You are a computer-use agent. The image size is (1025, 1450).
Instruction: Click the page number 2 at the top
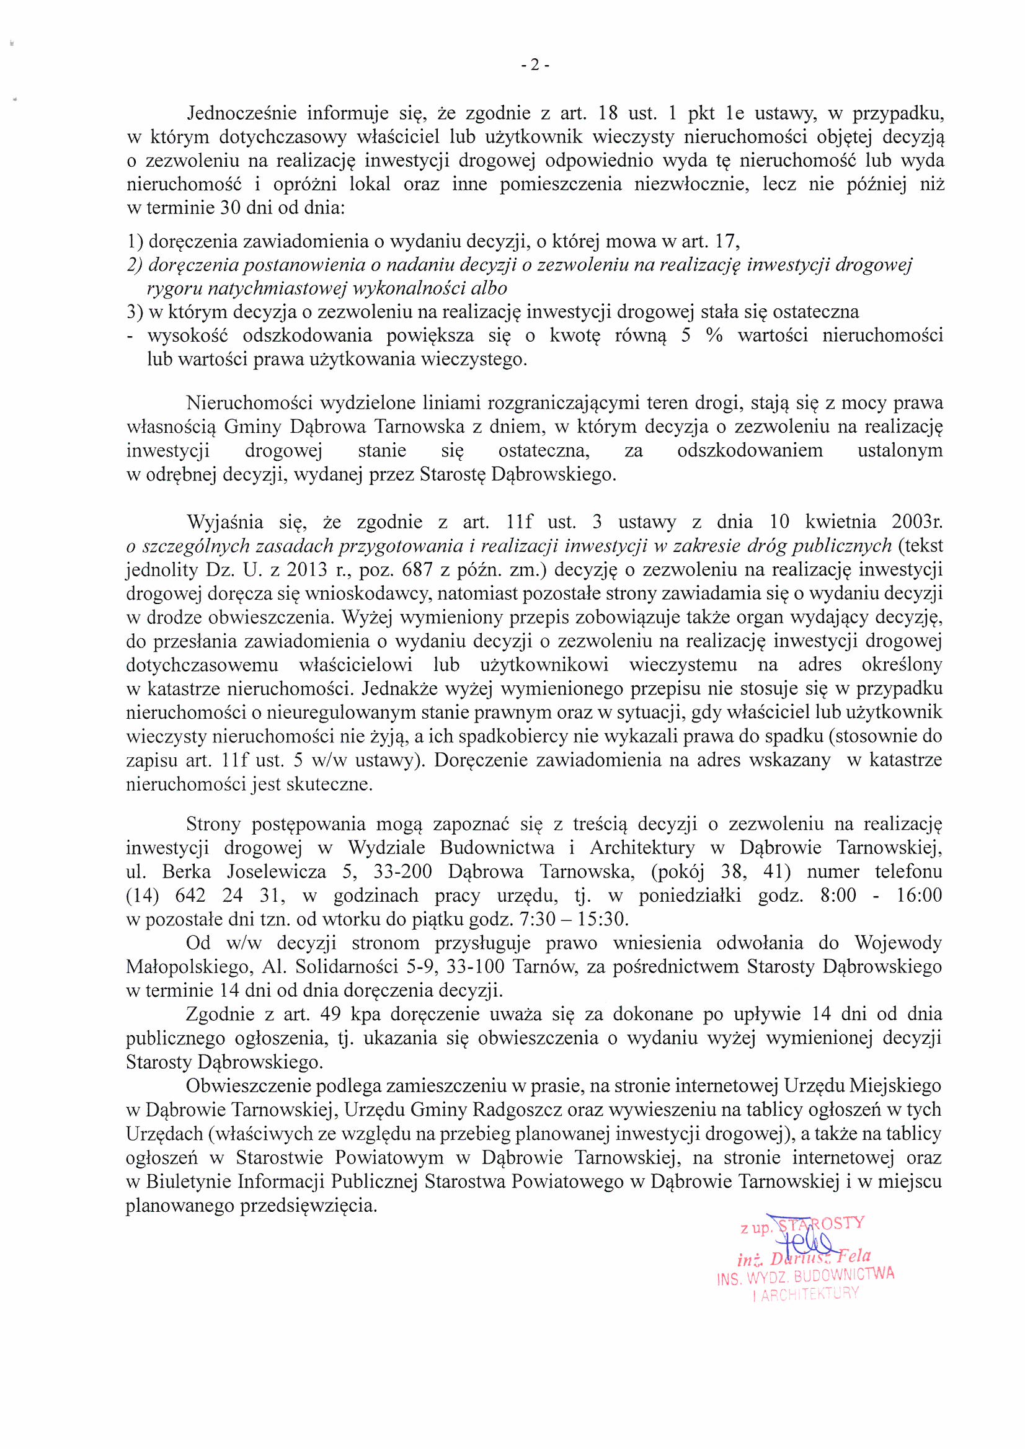pyautogui.click(x=535, y=65)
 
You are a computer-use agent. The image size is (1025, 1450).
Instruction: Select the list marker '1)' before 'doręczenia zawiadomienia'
pyautogui.click(x=135, y=241)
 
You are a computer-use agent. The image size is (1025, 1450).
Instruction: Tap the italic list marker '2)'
pyautogui.click(x=136, y=265)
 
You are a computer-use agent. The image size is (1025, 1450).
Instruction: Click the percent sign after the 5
pyautogui.click(x=714, y=336)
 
